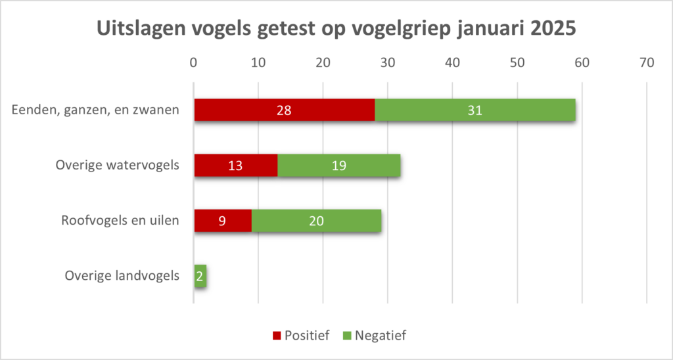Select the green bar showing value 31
click(x=475, y=110)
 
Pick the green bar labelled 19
click(x=339, y=166)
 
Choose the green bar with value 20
click(x=316, y=221)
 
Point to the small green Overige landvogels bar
click(x=200, y=276)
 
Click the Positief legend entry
click(x=300, y=336)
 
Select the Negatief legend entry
click(x=375, y=336)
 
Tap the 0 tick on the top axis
click(x=193, y=63)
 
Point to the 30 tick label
click(x=388, y=63)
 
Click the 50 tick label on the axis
click(x=517, y=63)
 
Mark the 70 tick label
click(x=647, y=63)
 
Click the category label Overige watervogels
click(x=117, y=166)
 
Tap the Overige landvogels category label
click(x=122, y=276)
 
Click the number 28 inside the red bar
click(x=284, y=110)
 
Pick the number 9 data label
click(x=223, y=221)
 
